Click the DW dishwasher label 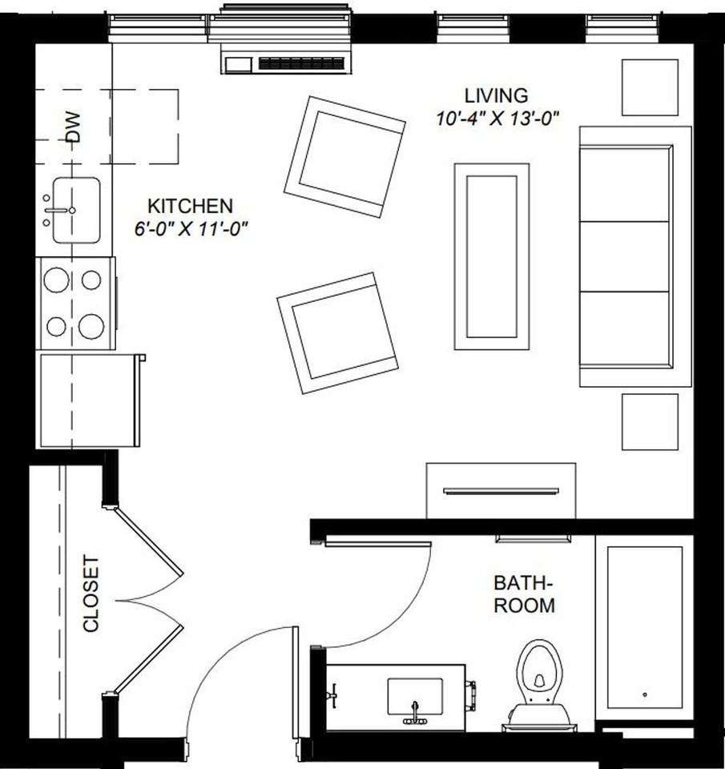tap(74, 127)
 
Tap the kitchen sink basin tap(76, 210)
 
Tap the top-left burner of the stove tap(56, 280)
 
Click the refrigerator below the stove tap(87, 401)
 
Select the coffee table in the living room tap(491, 256)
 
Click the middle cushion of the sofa tap(625, 256)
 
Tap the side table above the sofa tap(650, 87)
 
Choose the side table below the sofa tap(650, 421)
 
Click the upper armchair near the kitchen tap(344, 156)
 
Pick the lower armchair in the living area tap(337, 332)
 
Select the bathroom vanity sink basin tap(415, 695)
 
